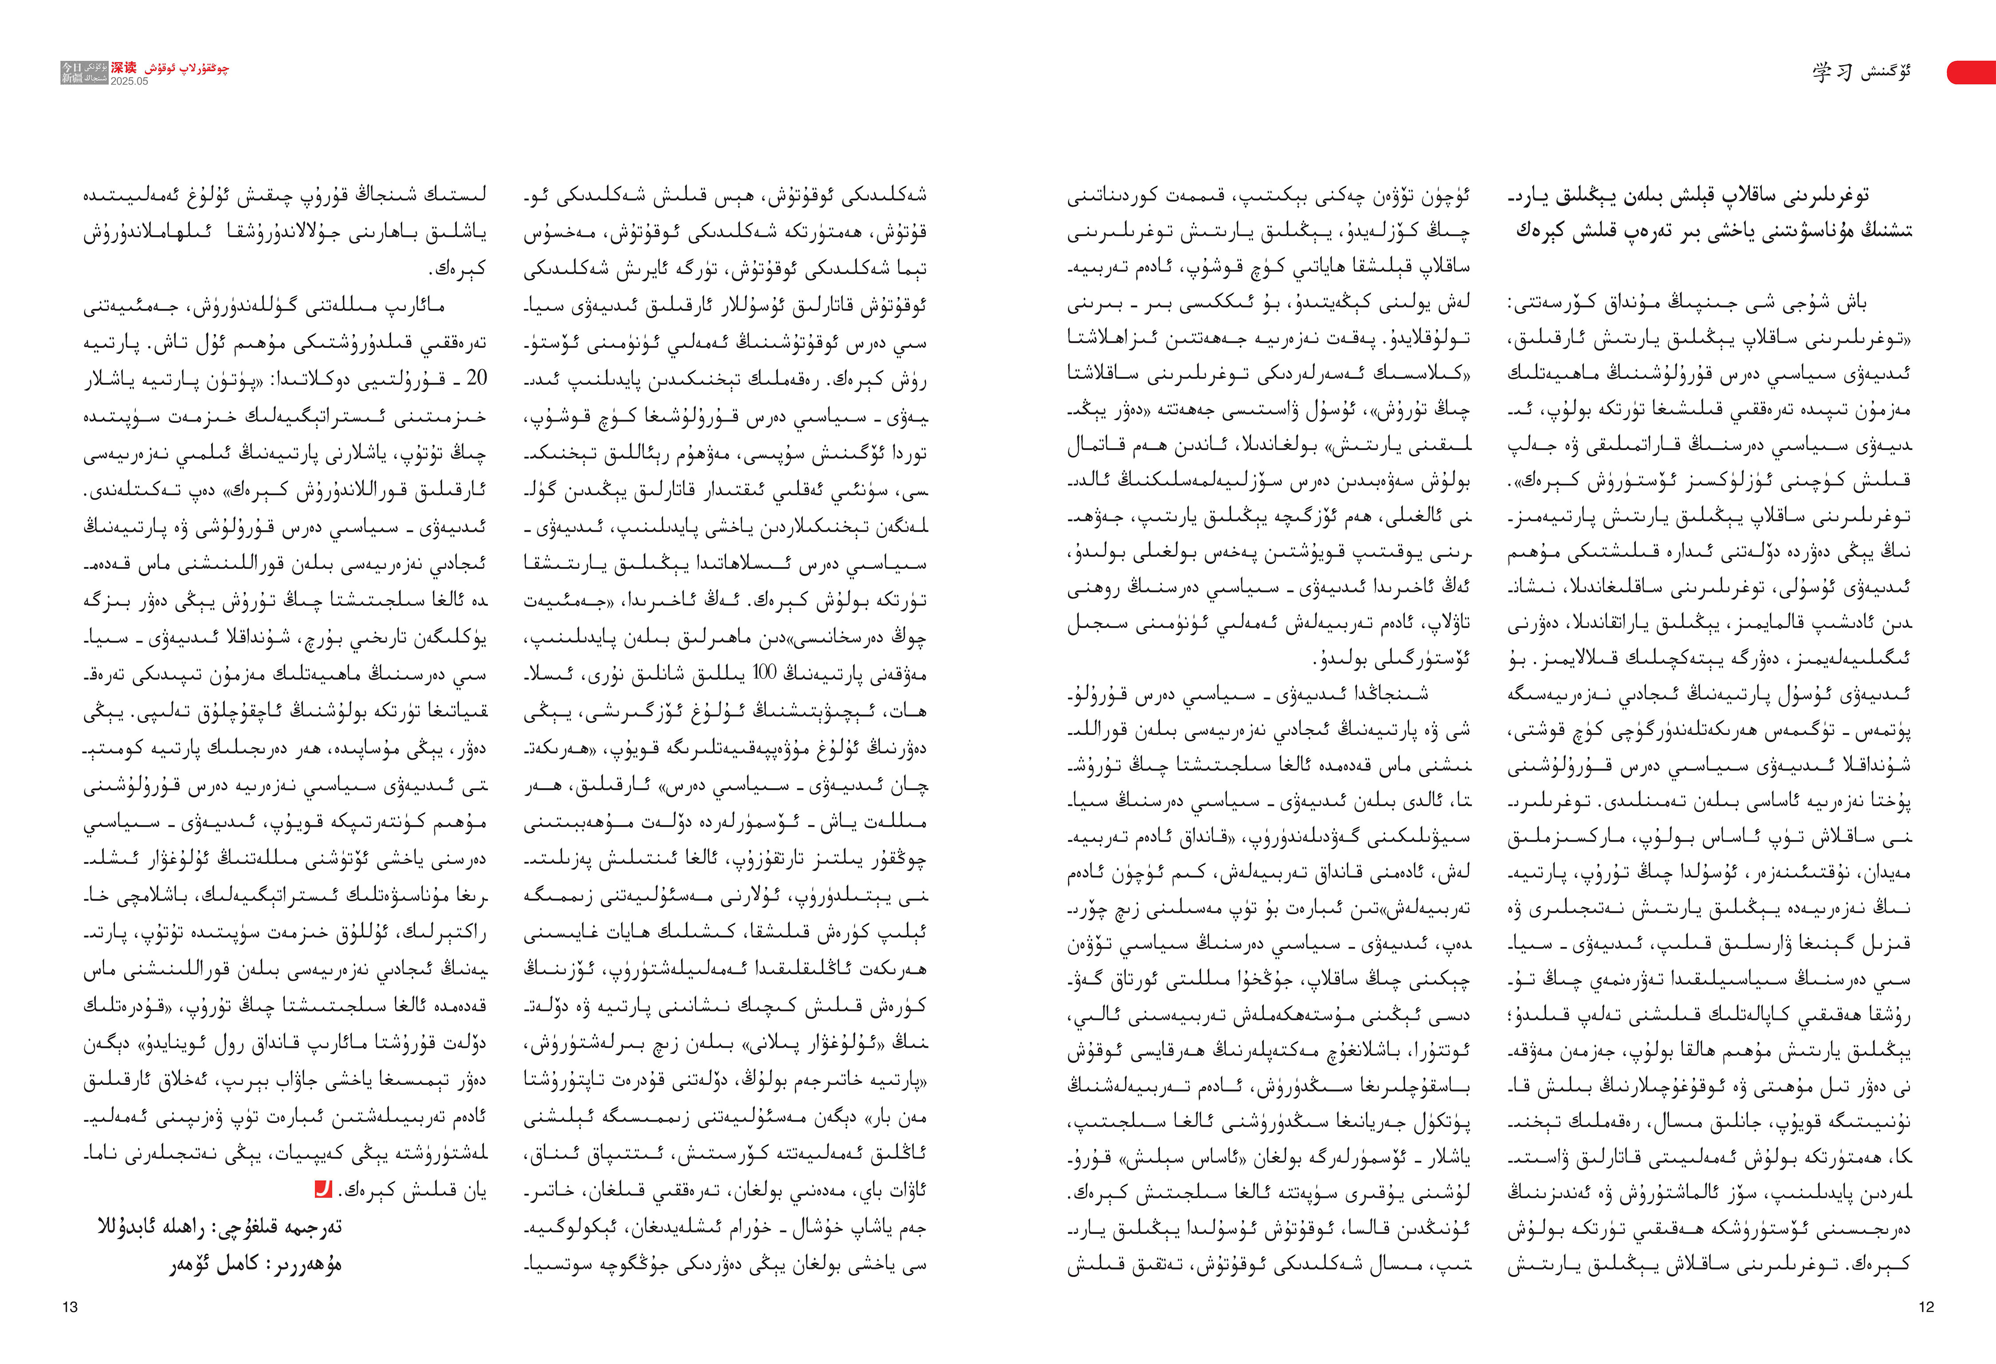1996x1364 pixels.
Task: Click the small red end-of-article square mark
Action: coord(323,1190)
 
